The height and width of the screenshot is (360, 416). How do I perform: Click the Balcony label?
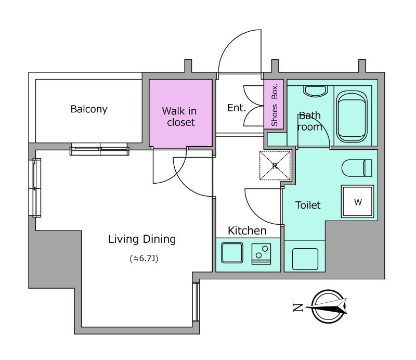89,109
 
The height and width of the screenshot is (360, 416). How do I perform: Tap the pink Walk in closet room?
180,113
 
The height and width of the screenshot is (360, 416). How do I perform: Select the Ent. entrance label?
237,108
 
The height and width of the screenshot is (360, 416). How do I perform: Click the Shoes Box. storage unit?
274,104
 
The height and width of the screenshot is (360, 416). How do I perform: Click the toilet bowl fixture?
357,168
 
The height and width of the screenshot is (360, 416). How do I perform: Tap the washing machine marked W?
358,201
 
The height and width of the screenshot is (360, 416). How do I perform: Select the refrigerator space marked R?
275,165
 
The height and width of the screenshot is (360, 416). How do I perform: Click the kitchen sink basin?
232,253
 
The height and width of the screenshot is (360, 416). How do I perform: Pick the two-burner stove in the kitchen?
262,254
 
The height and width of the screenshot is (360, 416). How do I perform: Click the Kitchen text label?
247,230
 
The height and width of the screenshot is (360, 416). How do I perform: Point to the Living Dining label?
142,239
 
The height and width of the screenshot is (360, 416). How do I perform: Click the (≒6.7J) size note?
144,259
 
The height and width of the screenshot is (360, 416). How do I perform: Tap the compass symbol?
328,306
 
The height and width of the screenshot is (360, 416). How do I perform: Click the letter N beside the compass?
298,307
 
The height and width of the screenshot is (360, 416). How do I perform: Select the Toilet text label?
308,205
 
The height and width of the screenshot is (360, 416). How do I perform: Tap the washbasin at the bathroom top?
315,91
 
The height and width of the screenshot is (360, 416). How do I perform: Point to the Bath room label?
309,121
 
